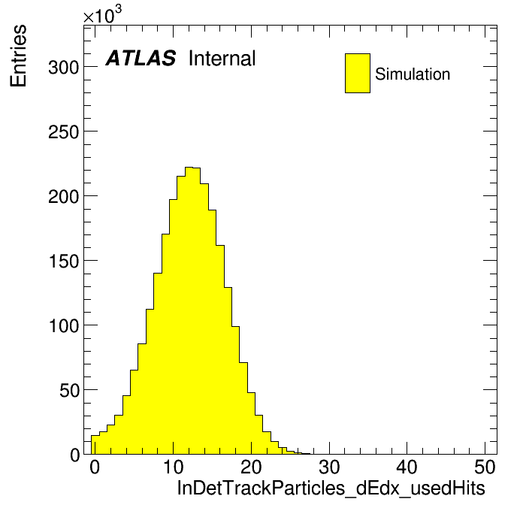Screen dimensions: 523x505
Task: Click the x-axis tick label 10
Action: tap(173, 467)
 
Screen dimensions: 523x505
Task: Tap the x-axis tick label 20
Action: tap(251, 467)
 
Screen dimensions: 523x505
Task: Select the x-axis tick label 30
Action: tap(329, 467)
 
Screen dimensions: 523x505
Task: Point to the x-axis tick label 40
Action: tap(407, 467)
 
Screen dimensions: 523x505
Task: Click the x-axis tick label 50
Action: tap(485, 467)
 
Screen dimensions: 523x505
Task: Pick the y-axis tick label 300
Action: tap(64, 68)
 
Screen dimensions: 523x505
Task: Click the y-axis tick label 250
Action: tap(64, 132)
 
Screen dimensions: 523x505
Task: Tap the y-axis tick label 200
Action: tap(64, 197)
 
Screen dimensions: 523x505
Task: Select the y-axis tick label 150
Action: tap(64, 262)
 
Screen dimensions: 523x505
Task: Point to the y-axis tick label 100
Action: tap(64, 326)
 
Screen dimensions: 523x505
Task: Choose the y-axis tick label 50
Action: tap(70, 391)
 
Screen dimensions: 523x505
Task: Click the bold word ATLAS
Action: tap(141, 58)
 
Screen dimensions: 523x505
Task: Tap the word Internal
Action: tap(222, 58)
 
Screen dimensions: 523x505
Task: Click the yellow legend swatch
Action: tap(358, 73)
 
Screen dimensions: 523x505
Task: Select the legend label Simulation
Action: tap(413, 74)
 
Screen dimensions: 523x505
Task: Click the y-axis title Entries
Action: tap(18, 56)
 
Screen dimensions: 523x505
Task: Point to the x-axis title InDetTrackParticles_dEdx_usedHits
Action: tap(331, 488)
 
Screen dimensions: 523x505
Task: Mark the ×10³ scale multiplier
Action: tap(102, 14)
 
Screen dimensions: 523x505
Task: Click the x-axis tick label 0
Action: tap(95, 467)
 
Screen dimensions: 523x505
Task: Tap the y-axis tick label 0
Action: tap(74, 455)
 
